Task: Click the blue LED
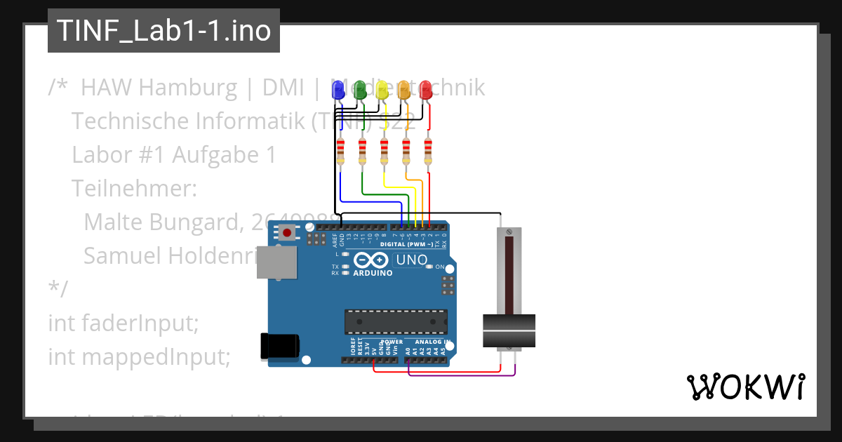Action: (338, 89)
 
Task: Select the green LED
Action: (360, 89)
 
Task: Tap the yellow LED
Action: (382, 89)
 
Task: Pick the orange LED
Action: (403, 89)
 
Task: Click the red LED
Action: (425, 89)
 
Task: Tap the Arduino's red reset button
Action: (287, 232)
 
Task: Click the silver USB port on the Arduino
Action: (275, 260)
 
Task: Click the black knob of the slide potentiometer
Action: (509, 330)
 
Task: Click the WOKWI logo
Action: (745, 387)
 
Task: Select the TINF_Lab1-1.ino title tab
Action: (163, 31)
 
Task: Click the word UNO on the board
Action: (412, 260)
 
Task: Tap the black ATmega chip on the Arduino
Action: (395, 321)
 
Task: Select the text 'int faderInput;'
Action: (123, 323)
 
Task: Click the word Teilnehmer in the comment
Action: (134, 189)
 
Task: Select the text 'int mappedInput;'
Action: (139, 356)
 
